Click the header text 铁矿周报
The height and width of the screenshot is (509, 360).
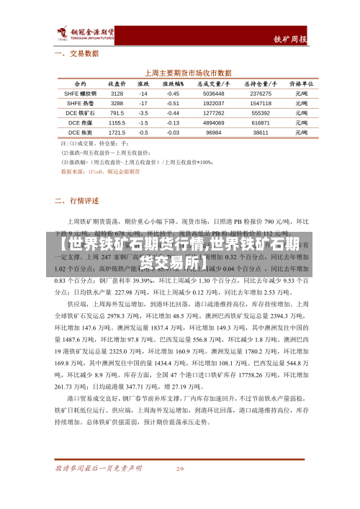(290, 39)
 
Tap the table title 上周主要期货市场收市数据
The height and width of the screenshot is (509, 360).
(189, 73)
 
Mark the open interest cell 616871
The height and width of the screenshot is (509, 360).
(260, 123)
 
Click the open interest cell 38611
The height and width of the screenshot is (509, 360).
(260, 132)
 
